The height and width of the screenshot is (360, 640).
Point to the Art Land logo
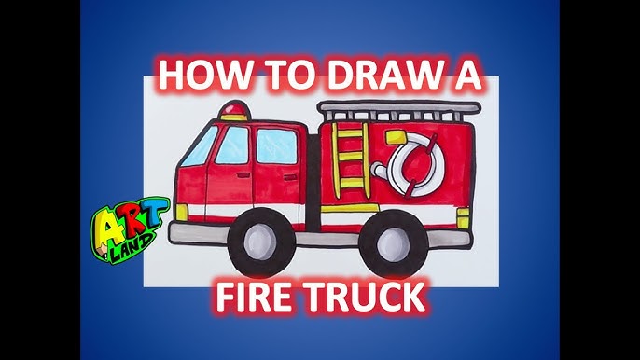tap(129, 229)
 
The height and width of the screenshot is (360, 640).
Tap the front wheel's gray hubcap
tap(260, 242)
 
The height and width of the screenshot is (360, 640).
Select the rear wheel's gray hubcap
tap(393, 243)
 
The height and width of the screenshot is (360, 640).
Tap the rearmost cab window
tap(277, 146)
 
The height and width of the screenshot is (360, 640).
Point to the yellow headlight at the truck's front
tap(182, 213)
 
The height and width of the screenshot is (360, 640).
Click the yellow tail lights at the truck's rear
tap(464, 217)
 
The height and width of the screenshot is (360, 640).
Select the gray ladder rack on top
tap(399, 110)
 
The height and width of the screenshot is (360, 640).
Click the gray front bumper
tap(200, 233)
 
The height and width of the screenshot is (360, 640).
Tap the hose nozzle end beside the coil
tap(378, 168)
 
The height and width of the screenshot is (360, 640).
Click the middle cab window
tap(232, 145)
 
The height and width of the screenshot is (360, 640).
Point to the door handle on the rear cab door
tap(291, 177)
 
